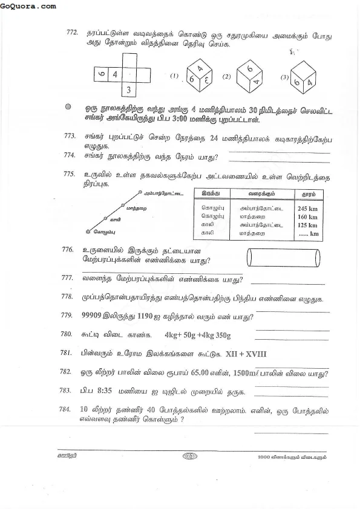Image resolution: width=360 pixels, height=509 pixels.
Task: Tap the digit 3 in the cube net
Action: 129,91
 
